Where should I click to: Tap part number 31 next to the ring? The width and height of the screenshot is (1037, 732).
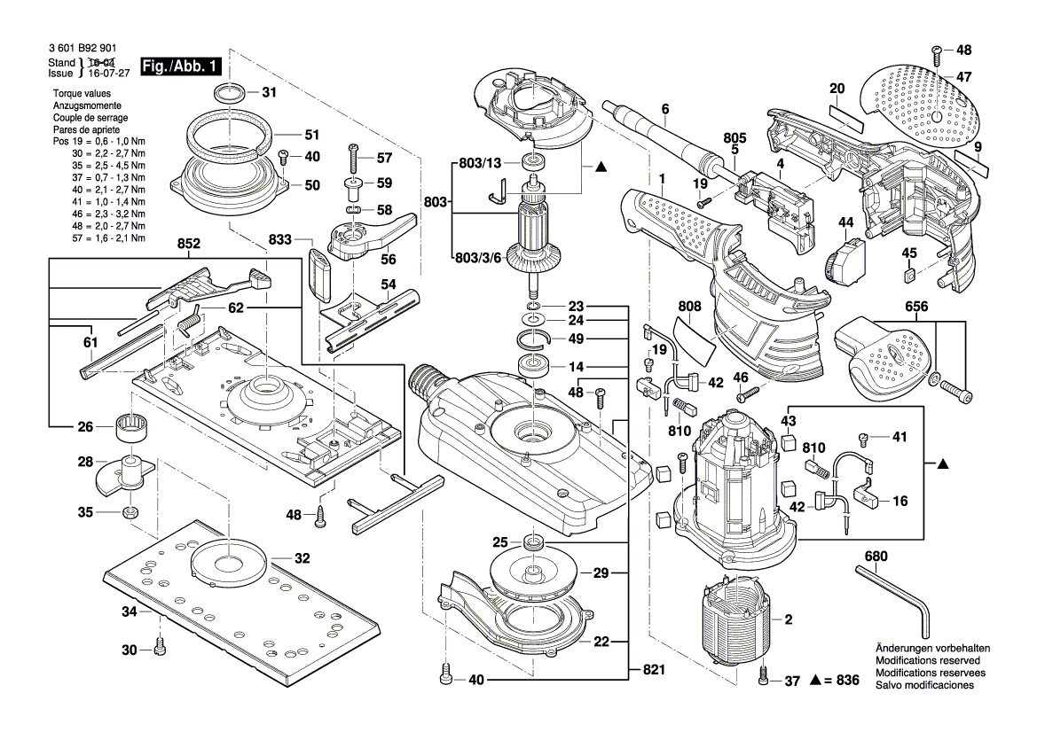(x=269, y=92)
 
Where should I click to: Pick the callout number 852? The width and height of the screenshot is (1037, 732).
(x=189, y=243)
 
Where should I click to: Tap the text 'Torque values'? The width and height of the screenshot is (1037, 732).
(x=81, y=93)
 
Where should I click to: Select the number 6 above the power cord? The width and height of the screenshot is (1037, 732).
(x=663, y=111)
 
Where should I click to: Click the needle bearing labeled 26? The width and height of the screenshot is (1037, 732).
(x=130, y=428)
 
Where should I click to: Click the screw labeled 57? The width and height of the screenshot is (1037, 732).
(x=354, y=160)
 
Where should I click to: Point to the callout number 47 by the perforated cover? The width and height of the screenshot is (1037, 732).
(x=963, y=77)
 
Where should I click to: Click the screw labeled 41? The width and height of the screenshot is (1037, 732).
(x=865, y=438)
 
